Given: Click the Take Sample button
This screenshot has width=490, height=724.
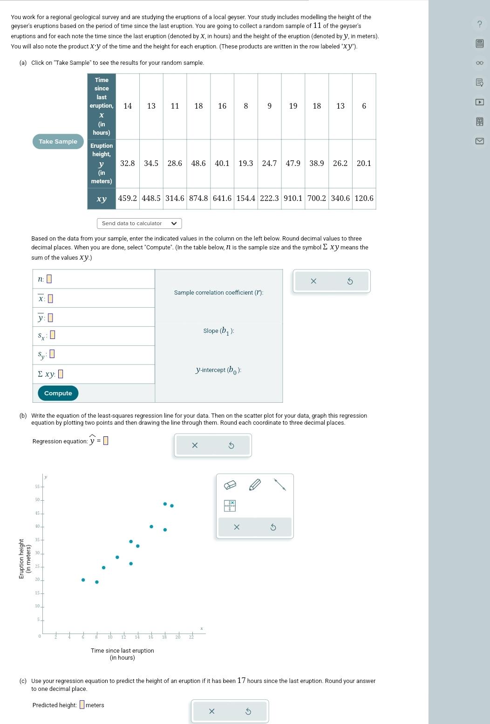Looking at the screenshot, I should (x=58, y=142).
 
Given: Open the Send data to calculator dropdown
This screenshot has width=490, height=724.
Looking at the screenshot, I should (x=139, y=223).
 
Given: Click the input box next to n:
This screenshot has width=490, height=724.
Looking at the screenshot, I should (x=49, y=279).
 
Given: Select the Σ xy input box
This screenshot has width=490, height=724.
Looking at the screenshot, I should (x=61, y=374).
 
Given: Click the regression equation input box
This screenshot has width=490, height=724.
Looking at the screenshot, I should (x=106, y=441).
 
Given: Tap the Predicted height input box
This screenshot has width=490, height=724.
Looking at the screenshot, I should (x=82, y=705).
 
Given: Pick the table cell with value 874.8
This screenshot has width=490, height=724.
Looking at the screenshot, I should (x=198, y=198).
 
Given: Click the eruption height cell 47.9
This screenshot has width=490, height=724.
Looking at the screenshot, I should (x=293, y=163).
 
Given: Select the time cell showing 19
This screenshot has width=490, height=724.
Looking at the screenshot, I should (x=293, y=106).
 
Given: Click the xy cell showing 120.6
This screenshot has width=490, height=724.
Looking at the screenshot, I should (x=364, y=198).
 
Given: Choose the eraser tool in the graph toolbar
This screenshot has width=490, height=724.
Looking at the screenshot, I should (x=230, y=485).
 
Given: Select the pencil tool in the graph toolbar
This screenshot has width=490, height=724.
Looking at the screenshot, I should (x=255, y=485).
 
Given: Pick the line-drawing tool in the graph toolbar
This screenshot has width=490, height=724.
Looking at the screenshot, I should (x=279, y=485).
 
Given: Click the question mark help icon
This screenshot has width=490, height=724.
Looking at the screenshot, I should (x=479, y=24).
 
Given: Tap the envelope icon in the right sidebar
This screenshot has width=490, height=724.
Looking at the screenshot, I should (x=479, y=141).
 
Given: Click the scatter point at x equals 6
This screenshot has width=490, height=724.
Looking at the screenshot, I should (x=83, y=580).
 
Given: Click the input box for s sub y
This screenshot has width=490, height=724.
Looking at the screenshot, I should (x=52, y=354).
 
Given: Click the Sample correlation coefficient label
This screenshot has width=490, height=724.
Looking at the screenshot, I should (x=218, y=293).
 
